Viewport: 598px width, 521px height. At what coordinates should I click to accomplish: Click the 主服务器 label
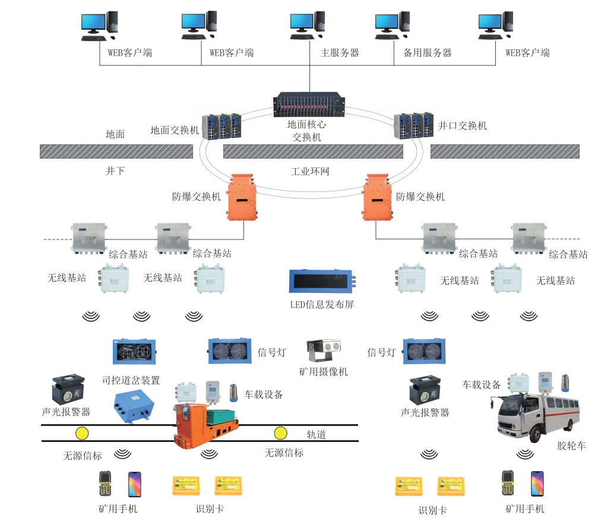340,53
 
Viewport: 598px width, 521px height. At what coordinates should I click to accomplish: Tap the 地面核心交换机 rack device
309,104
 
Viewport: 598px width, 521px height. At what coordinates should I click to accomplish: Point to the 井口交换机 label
463,126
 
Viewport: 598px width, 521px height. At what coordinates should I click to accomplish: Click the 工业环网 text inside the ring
309,172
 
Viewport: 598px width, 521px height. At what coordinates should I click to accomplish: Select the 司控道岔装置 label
131,380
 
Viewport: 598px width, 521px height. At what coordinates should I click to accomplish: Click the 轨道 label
316,435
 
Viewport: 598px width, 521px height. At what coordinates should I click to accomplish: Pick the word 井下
115,171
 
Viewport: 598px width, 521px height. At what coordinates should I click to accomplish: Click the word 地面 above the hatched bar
115,134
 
